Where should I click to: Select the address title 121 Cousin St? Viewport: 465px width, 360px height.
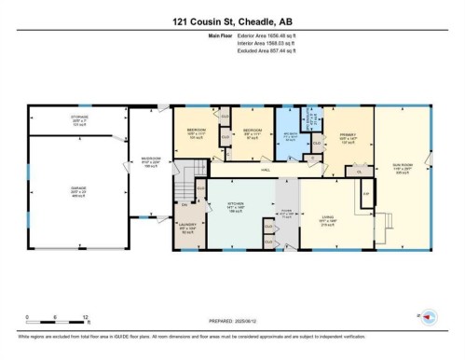(232, 20)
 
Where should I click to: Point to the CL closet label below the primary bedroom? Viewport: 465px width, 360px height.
(358, 171)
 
